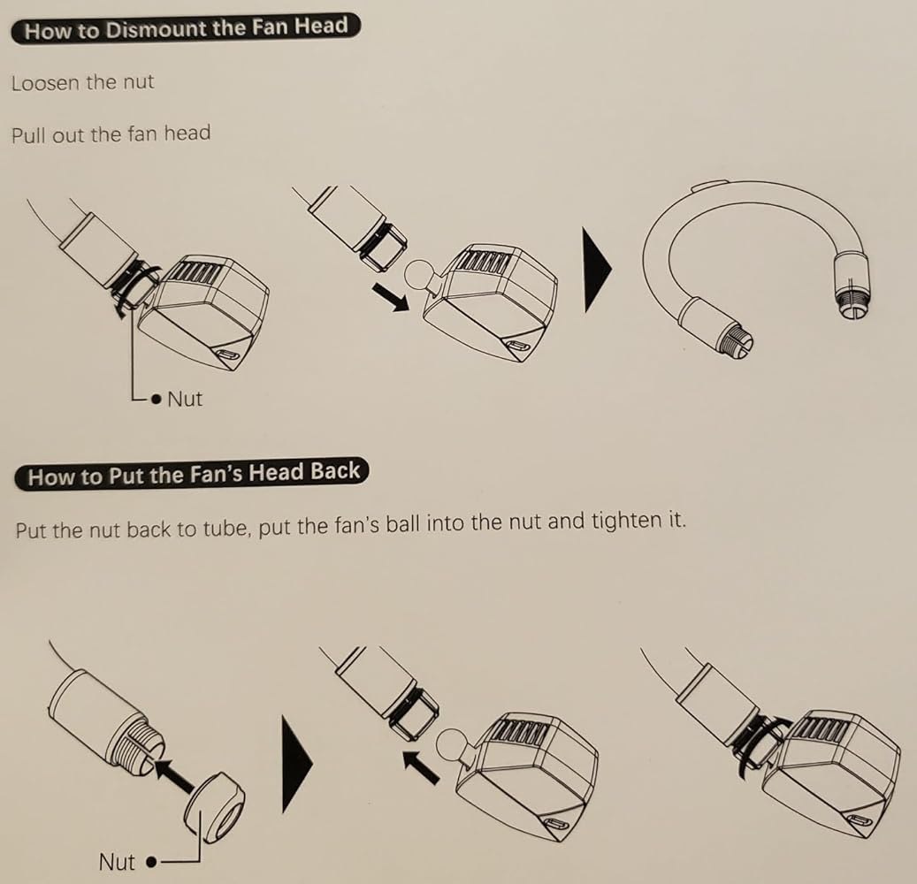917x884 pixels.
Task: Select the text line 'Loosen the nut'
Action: click(82, 82)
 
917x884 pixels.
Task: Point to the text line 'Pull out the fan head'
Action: click(111, 133)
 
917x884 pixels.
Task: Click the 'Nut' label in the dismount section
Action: click(185, 399)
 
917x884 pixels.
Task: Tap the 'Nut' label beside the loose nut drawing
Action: click(117, 862)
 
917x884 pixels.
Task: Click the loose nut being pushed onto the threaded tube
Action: click(215, 808)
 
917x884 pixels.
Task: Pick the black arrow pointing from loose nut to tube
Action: click(175, 775)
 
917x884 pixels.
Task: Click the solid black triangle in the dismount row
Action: click(597, 270)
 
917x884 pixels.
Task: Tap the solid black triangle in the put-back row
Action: click(297, 764)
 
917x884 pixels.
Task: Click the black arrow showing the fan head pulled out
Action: click(391, 297)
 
